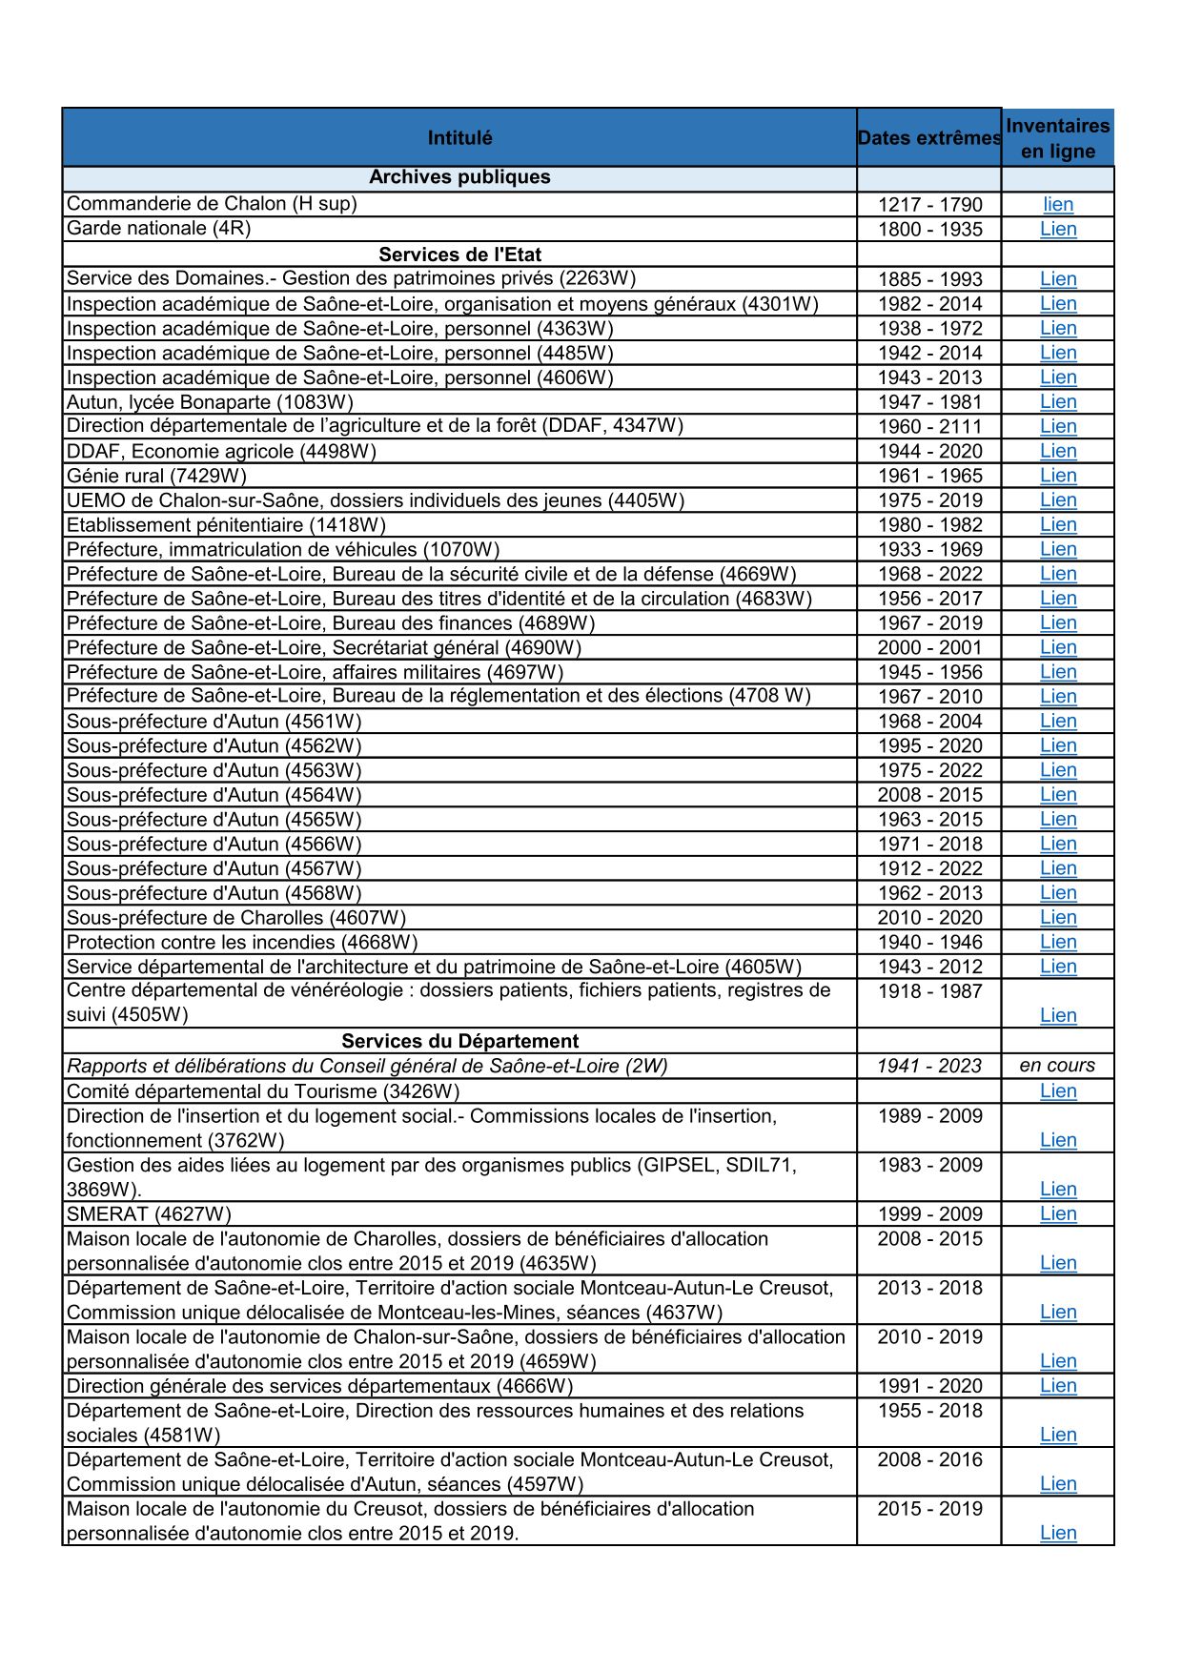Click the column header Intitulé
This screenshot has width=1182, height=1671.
(459, 138)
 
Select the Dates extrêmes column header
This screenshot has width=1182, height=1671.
(929, 138)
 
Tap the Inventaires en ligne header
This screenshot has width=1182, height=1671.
(1057, 138)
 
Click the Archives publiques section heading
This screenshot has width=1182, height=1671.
(459, 177)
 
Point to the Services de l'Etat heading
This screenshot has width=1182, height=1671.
(459, 255)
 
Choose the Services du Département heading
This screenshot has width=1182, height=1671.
(459, 1041)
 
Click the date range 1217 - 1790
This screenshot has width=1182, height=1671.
(929, 205)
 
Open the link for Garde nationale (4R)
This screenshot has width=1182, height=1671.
(1058, 229)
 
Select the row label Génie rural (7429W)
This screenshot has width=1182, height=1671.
(156, 476)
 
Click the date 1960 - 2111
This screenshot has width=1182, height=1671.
(929, 427)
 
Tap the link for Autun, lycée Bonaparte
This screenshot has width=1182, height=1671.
(1058, 402)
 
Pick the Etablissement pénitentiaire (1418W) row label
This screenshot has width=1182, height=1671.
(226, 525)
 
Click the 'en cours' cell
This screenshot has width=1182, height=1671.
(1057, 1066)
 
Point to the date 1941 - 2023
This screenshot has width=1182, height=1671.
(929, 1066)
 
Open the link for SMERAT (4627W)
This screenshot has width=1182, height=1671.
(1058, 1213)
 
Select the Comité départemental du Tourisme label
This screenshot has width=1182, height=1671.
(263, 1091)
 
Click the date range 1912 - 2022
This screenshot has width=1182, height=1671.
(929, 869)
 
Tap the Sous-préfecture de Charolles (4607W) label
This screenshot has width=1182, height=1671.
(236, 918)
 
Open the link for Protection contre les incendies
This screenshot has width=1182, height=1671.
(1058, 942)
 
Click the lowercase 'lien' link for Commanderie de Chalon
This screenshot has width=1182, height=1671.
(1058, 204)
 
